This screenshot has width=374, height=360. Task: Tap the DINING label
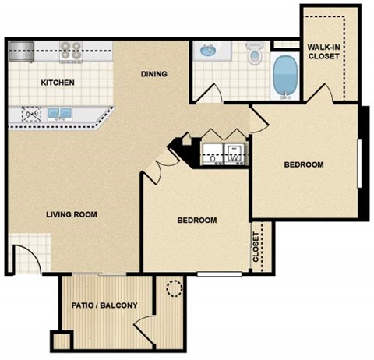click(154, 74)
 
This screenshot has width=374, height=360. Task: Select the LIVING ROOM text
click(72, 214)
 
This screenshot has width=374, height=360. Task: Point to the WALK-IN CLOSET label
click(323, 51)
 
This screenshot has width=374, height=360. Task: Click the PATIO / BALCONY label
click(104, 305)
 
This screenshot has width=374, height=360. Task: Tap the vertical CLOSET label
click(256, 248)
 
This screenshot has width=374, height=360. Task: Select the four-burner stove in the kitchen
click(72, 51)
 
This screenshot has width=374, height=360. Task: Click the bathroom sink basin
click(207, 52)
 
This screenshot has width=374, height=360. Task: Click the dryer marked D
click(212, 152)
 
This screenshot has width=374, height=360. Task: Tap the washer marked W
click(235, 152)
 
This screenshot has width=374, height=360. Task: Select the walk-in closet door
click(321, 94)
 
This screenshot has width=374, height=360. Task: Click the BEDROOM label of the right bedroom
click(303, 164)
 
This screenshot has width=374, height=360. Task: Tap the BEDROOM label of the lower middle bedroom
click(196, 221)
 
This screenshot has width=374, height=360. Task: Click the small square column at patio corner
click(61, 341)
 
